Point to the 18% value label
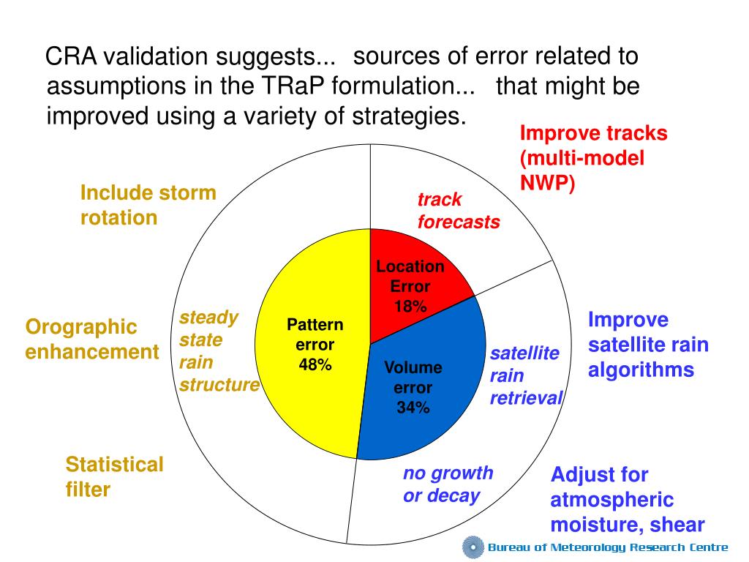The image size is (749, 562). pyautogui.click(x=410, y=307)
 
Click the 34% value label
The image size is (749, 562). pyautogui.click(x=413, y=408)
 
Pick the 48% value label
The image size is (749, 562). pyautogui.click(x=315, y=364)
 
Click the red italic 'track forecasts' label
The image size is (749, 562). pyautogui.click(x=459, y=211)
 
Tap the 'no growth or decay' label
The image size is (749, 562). pyautogui.click(x=448, y=484)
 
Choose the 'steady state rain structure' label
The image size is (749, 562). pyautogui.click(x=219, y=351)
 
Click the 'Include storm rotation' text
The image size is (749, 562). pyautogui.click(x=148, y=205)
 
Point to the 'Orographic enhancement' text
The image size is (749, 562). pyautogui.click(x=91, y=340)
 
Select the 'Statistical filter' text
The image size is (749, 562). pyautogui.click(x=114, y=477)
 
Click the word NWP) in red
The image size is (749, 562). pyautogui.click(x=547, y=183)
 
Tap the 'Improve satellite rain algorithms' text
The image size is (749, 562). pyautogui.click(x=648, y=345)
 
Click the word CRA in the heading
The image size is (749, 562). pyautogui.click(x=71, y=56)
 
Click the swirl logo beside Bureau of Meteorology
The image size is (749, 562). pyautogui.click(x=473, y=547)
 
